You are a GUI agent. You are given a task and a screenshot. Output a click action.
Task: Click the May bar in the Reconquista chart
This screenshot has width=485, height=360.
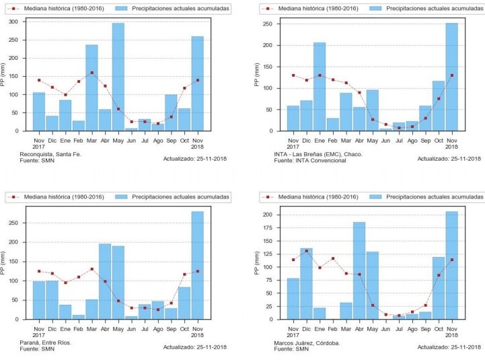point(118,77)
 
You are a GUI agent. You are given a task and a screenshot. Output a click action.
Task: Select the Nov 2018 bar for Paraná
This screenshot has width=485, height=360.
point(197,266)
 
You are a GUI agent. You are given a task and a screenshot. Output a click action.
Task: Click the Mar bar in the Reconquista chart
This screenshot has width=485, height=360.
point(91,88)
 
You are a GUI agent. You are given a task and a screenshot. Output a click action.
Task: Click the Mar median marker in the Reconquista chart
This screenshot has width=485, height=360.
point(91,73)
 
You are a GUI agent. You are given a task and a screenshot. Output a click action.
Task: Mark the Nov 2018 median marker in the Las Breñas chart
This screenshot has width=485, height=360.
point(451,75)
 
